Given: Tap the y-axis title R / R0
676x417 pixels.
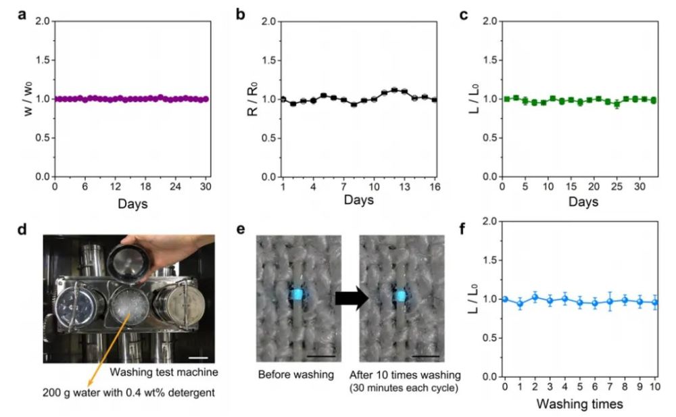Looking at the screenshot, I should click(x=251, y=99).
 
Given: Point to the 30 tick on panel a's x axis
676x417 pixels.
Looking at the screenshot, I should click(x=206, y=187).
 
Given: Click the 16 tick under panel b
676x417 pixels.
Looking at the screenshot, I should click(x=435, y=187).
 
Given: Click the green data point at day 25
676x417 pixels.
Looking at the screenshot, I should click(x=617, y=105).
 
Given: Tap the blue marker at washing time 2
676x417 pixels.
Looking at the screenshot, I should click(x=535, y=297).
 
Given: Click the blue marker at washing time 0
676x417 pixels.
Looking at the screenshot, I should click(x=505, y=299).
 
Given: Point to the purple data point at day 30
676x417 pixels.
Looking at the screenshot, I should click(x=206, y=99).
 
